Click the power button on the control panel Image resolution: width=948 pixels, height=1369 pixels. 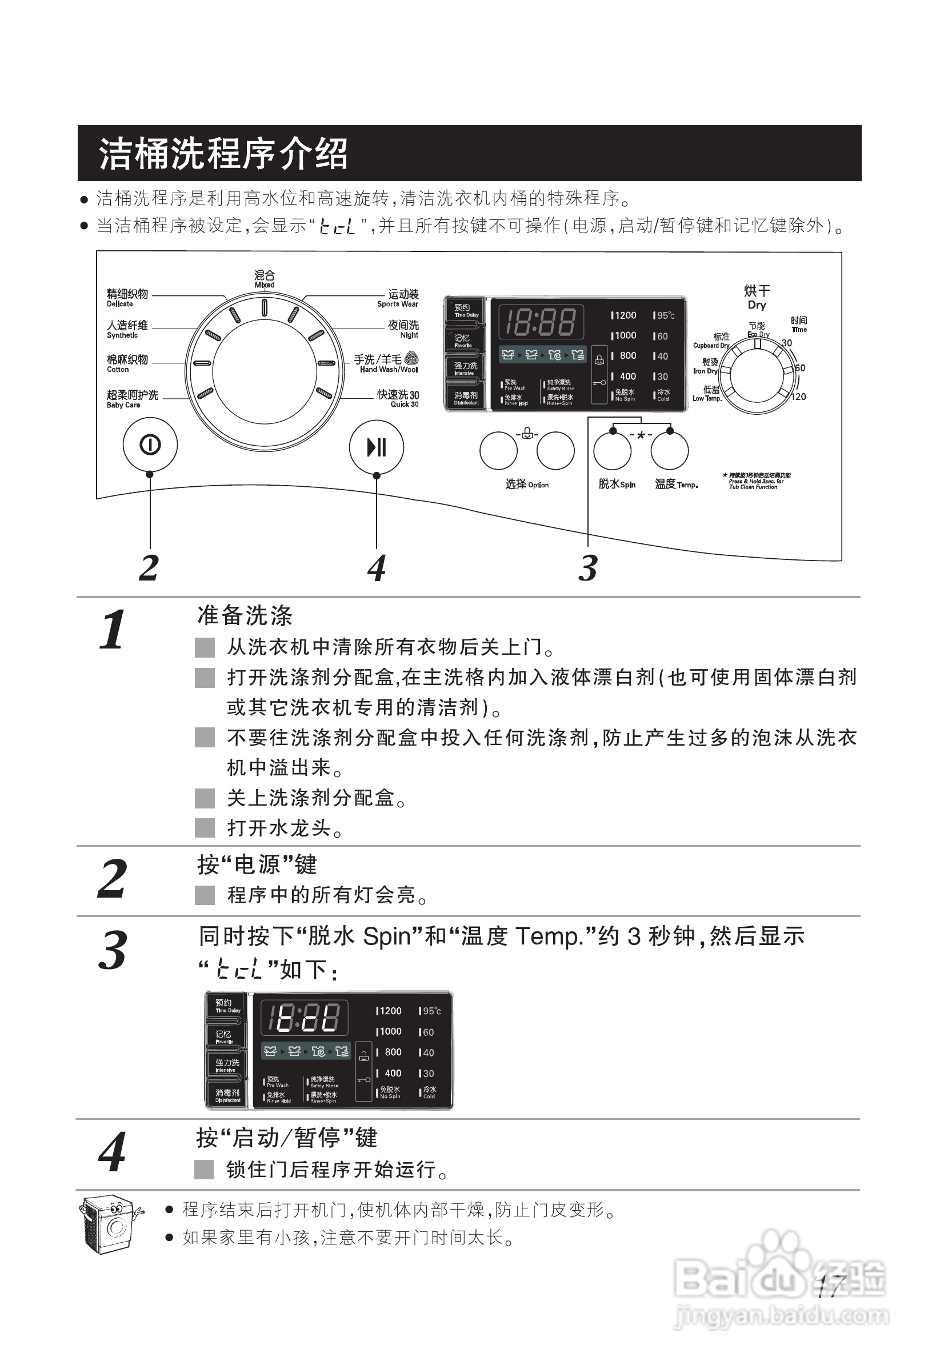(x=150, y=445)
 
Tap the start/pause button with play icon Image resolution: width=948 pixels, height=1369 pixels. (x=376, y=447)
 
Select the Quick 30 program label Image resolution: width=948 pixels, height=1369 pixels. (x=398, y=398)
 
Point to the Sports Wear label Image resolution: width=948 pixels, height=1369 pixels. (x=398, y=298)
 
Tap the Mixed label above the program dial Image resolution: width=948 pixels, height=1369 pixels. (x=265, y=279)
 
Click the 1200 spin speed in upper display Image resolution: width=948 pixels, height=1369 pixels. (x=624, y=315)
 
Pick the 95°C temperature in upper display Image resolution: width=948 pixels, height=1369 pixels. (x=665, y=315)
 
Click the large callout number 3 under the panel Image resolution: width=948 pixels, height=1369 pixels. (x=587, y=568)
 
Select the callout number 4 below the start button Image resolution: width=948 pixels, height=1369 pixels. (x=376, y=568)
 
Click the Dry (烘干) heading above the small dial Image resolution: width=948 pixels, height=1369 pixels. (x=757, y=297)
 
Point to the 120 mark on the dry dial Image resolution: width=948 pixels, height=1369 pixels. (x=798, y=397)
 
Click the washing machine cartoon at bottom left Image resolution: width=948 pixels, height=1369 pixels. (x=110, y=1224)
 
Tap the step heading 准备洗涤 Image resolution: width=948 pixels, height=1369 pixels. (x=245, y=615)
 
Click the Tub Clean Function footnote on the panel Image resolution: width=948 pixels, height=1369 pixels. (x=755, y=481)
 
